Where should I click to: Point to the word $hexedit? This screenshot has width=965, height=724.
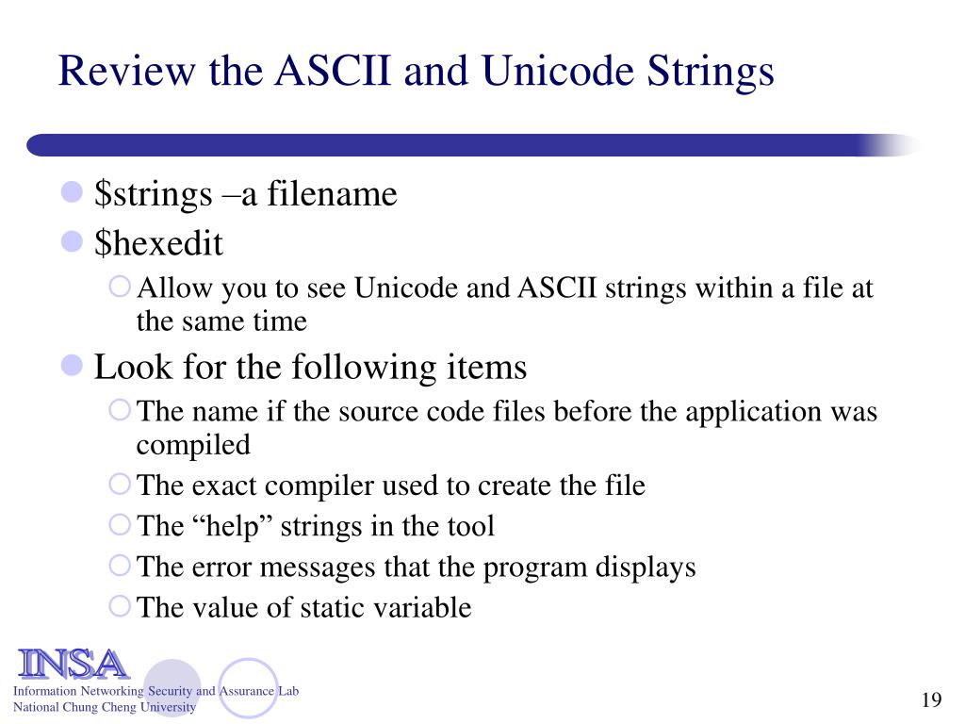158,243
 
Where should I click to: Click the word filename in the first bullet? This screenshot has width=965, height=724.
332,194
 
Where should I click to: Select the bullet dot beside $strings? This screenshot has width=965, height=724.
73,193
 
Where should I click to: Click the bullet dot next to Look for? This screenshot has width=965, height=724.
73,366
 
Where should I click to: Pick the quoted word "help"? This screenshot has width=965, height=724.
219,526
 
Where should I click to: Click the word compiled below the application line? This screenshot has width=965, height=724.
193,444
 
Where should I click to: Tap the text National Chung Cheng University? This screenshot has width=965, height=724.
104,707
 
